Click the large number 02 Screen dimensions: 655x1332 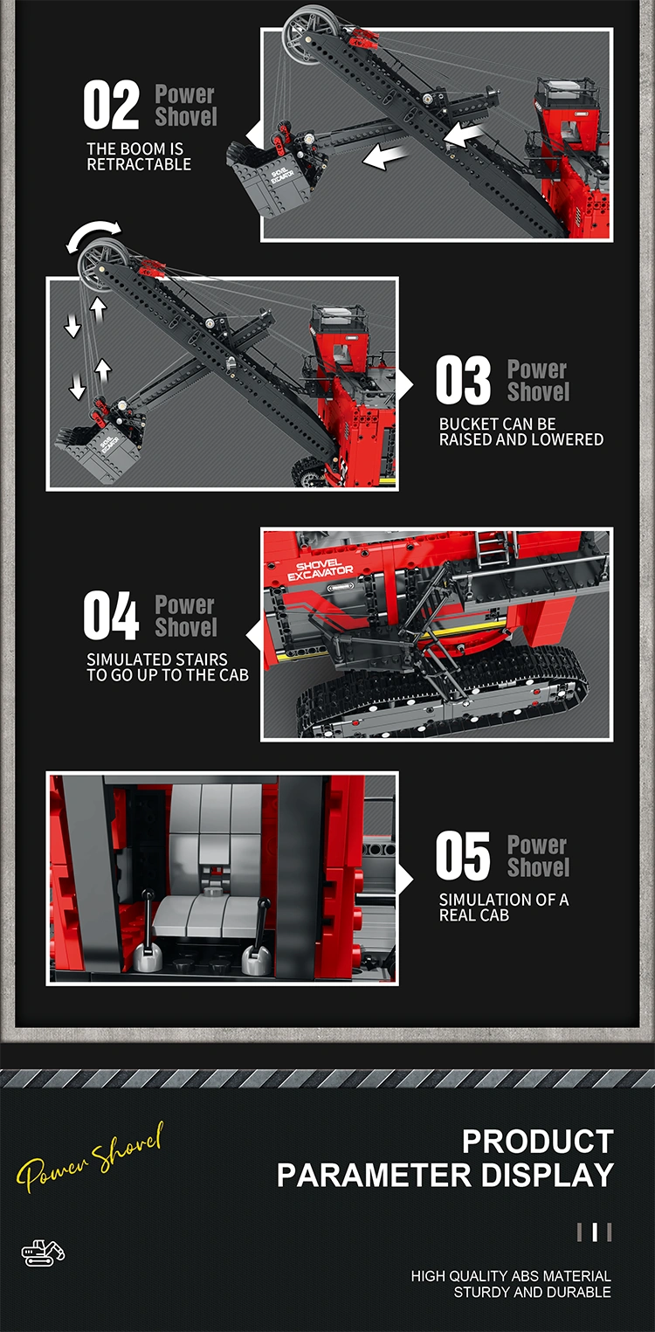111,106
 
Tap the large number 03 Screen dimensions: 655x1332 463,380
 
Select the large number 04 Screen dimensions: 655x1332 111,616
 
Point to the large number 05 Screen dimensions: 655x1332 463,856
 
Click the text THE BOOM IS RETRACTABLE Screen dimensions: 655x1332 139,156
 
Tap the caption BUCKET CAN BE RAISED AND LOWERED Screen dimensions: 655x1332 521,431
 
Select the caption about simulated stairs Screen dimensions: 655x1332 168,667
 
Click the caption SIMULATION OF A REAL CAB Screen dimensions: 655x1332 504,908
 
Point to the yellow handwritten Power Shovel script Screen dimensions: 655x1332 90,1156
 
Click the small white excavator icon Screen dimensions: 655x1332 43,1253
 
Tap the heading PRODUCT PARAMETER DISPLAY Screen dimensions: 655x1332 445,1158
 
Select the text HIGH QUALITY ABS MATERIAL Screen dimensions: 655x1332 511,1276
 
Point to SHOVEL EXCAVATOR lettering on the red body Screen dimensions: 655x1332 320,569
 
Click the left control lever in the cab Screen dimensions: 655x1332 146,935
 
